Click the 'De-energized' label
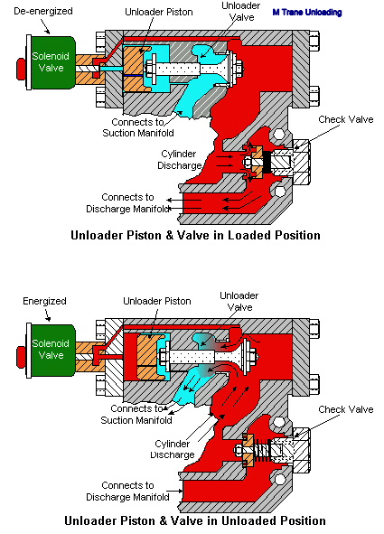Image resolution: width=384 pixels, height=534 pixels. pyautogui.click(x=43, y=11)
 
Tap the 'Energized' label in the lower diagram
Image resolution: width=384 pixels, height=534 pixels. pyautogui.click(x=44, y=301)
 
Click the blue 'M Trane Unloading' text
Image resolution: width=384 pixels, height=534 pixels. pyautogui.click(x=307, y=13)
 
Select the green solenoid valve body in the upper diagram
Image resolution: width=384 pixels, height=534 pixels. pyautogui.click(x=53, y=62)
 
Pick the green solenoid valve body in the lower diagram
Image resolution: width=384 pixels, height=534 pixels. pyautogui.click(x=53, y=350)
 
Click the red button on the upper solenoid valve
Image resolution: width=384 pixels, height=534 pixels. pyautogui.click(x=21, y=69)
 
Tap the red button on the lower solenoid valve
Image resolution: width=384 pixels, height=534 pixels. pyautogui.click(x=21, y=357)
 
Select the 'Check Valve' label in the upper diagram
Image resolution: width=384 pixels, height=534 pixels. pyautogui.click(x=345, y=119)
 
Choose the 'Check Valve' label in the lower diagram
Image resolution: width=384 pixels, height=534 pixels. pyautogui.click(x=345, y=409)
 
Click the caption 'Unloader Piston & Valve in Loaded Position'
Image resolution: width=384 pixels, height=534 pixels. pyautogui.click(x=195, y=235)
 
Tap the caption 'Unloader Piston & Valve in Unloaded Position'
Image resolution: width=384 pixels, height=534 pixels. pyautogui.click(x=195, y=520)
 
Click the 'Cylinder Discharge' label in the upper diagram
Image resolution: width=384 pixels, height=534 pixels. pyautogui.click(x=179, y=160)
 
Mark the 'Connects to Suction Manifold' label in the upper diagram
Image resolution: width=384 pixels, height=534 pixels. pyautogui.click(x=138, y=127)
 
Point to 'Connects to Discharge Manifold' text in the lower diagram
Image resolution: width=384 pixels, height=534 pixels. pyautogui.click(x=127, y=492)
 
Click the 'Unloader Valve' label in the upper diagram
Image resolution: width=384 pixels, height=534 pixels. pyautogui.click(x=240, y=11)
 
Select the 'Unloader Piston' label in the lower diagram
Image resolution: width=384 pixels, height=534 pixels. pyautogui.click(x=157, y=301)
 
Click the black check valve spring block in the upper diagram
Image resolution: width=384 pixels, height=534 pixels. pyautogui.click(x=267, y=162)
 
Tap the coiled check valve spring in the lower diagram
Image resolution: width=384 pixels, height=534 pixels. pyautogui.click(x=262, y=451)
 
